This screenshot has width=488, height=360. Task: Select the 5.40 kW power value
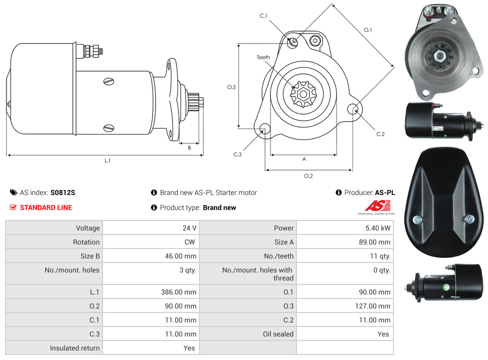coord(377,228)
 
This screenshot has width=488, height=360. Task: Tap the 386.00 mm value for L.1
coord(178,292)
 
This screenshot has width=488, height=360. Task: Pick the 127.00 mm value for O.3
coord(372,306)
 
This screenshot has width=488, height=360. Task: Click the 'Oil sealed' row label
coord(278,334)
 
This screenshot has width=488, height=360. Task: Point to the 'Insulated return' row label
coord(74,348)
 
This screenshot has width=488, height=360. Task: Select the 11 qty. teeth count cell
coord(380,256)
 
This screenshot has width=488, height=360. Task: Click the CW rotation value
coord(189,242)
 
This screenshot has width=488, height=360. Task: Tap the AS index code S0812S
coord(62,192)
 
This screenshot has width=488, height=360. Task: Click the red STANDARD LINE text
coord(46,207)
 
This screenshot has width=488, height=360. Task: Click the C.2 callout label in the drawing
coord(380,134)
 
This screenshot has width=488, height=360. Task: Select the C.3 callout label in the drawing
coord(237,154)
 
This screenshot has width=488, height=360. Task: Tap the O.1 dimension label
coord(368,30)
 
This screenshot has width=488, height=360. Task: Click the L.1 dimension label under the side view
coord(107,160)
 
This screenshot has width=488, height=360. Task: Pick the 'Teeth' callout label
coord(263,57)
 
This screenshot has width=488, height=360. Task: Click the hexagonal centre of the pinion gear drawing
coord(303,94)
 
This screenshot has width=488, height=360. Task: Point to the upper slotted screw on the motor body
coord(108,81)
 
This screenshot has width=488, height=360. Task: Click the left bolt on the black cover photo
coord(417,219)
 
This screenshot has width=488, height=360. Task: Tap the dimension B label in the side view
coord(189,148)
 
